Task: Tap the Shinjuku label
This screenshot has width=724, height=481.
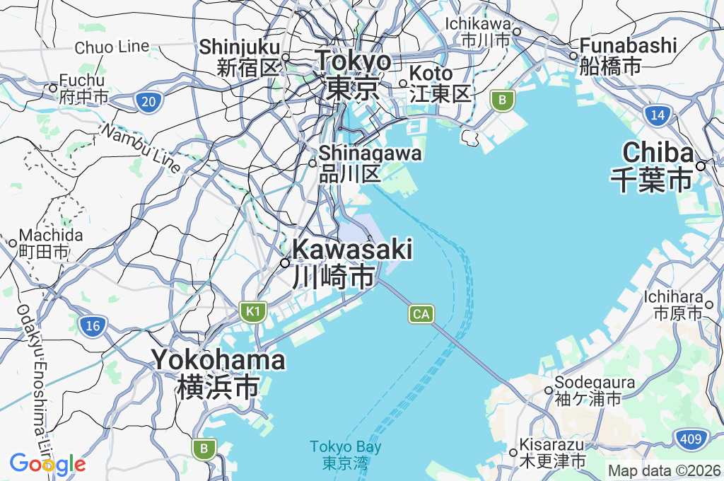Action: (x=239, y=57)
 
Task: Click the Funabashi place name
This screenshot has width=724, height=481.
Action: (x=628, y=56)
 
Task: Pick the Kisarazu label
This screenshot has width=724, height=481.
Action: (x=552, y=453)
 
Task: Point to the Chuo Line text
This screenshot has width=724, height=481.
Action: (x=112, y=47)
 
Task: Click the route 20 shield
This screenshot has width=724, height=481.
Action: (x=148, y=103)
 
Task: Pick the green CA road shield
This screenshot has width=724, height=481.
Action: (x=421, y=313)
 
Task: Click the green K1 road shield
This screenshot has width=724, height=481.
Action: (x=252, y=311)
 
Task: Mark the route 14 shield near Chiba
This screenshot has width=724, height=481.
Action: (x=658, y=115)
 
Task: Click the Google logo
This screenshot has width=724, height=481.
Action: (x=47, y=463)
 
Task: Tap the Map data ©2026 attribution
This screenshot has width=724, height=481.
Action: (x=665, y=470)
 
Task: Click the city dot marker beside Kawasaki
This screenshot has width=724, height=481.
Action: (x=285, y=263)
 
